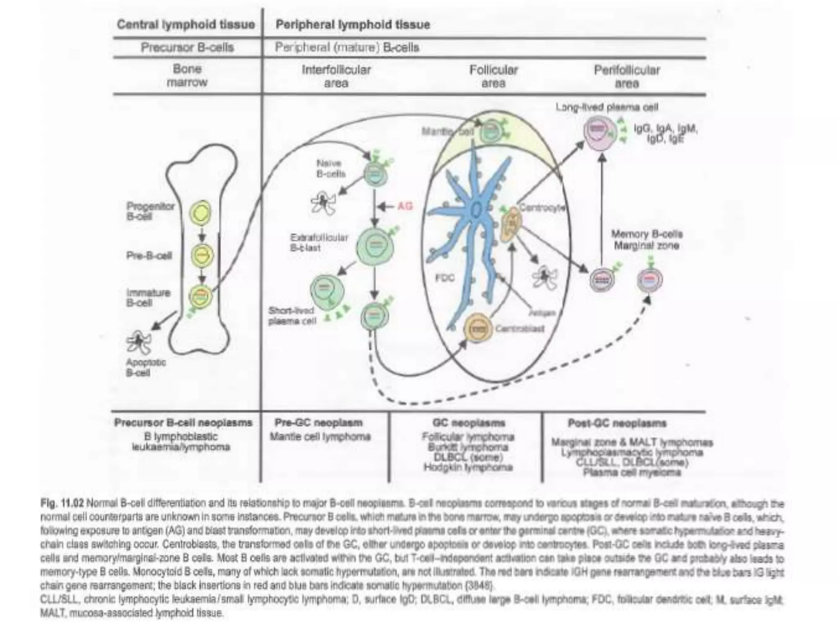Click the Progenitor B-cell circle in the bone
(200, 212)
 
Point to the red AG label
(405, 206)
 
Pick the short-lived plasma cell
(327, 290)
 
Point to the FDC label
(444, 278)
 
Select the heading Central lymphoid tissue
(186, 25)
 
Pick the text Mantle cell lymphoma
(320, 437)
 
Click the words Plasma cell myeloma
(632, 473)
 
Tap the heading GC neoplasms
(469, 423)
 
